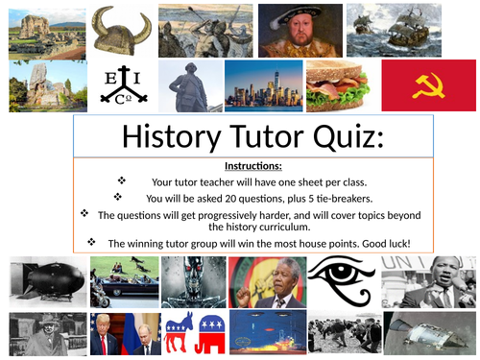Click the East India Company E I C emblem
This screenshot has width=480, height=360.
pyautogui.click(x=123, y=85)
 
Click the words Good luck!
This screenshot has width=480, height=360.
pyautogui.click(x=387, y=243)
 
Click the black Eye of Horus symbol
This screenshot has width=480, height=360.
pyautogui.click(x=343, y=281)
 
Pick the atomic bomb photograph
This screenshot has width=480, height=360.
pyautogui.click(x=43, y=281)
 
